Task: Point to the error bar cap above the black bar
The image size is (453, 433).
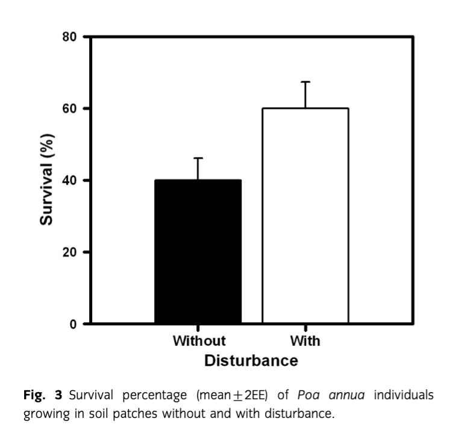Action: pos(198,158)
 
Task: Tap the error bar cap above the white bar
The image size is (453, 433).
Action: pos(305,82)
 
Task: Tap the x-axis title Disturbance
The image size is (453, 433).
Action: pos(251,361)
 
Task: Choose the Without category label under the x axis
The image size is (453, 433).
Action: pos(199,342)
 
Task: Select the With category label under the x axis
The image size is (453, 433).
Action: pos(305,342)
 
